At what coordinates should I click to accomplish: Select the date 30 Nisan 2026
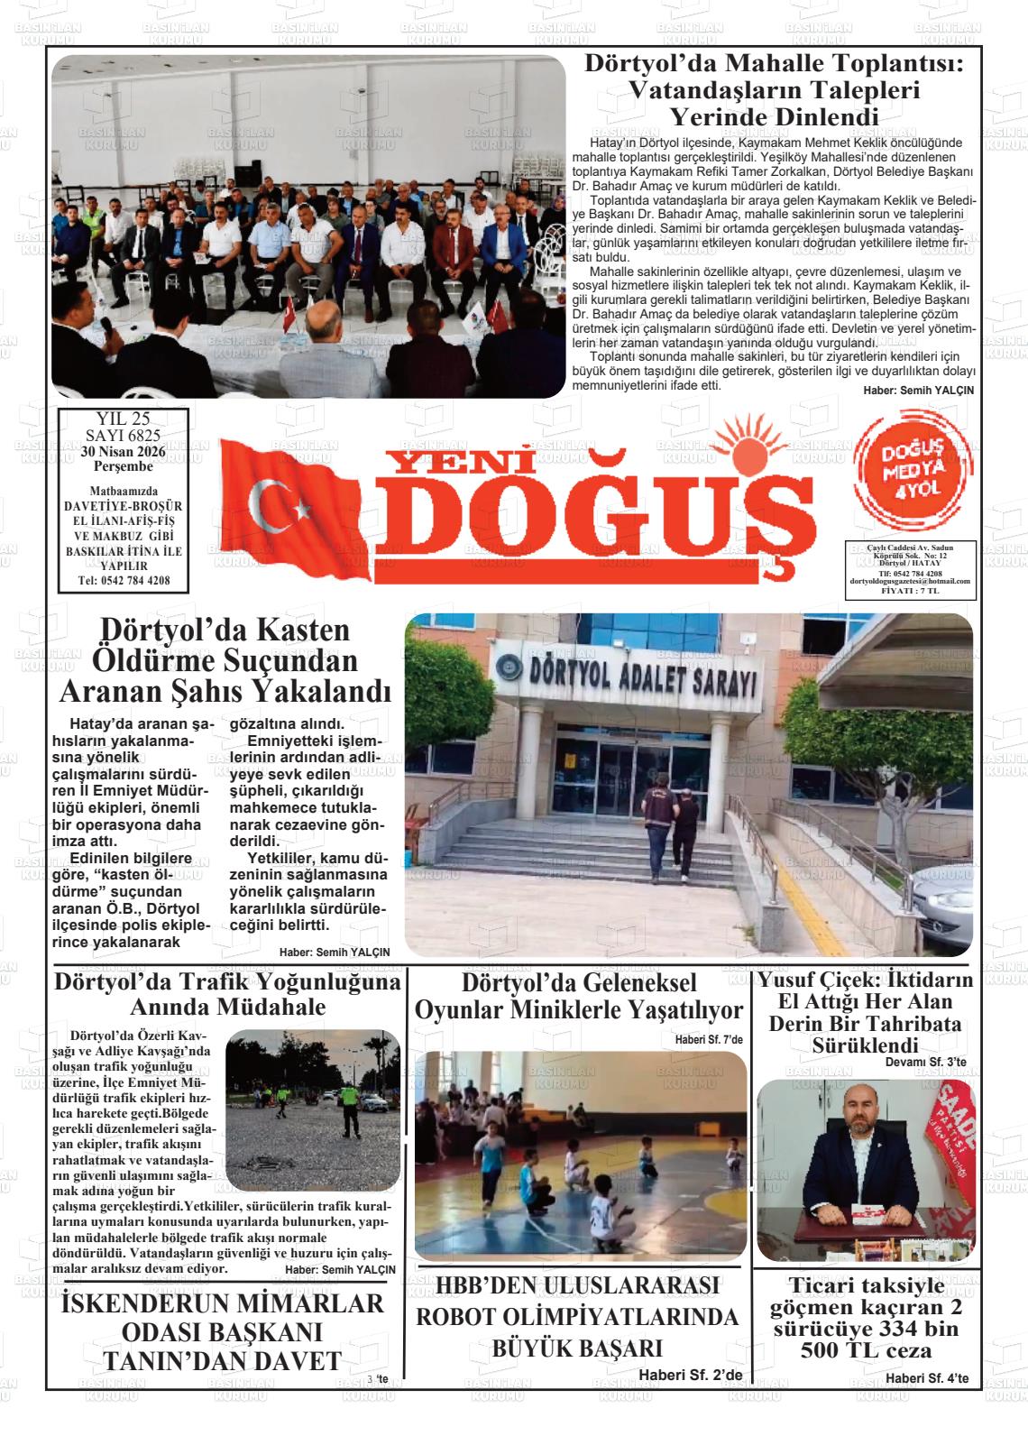[x=123, y=452]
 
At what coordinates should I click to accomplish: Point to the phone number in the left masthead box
[x=123, y=580]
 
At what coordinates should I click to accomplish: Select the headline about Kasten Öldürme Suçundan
[x=224, y=660]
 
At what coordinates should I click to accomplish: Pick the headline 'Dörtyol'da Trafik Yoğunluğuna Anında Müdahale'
[x=227, y=994]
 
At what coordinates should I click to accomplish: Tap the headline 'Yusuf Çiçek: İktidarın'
[x=865, y=980]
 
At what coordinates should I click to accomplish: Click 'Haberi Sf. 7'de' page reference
[x=709, y=1039]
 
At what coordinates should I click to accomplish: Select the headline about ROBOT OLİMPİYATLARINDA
[x=576, y=1316]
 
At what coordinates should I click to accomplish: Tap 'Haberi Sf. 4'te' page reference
[x=926, y=1378]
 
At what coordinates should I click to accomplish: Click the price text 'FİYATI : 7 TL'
[x=909, y=590]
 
